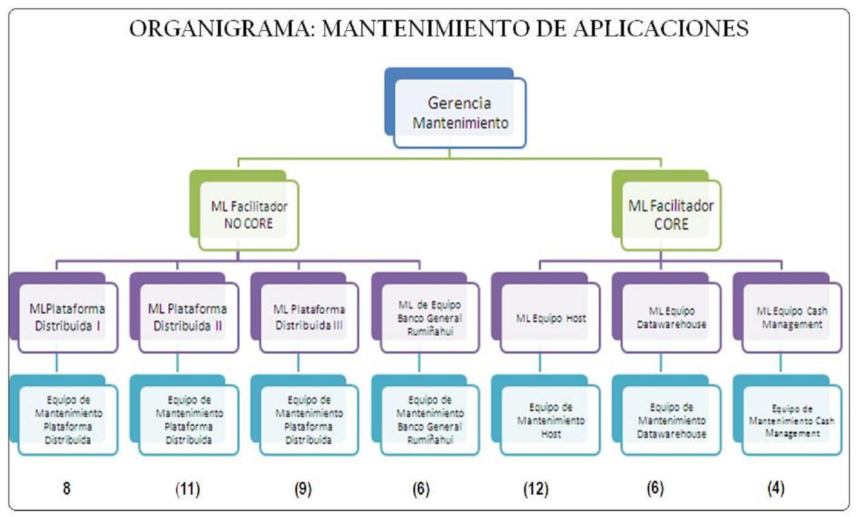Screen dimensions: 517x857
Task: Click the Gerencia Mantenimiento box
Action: click(459, 112)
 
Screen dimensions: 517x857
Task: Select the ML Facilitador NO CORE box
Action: click(249, 215)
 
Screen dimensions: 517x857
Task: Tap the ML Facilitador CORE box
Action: click(671, 215)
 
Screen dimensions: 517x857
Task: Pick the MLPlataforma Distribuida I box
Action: click(67, 317)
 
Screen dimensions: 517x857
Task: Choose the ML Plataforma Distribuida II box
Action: click(188, 317)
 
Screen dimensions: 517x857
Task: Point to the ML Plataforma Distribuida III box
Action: click(309, 317)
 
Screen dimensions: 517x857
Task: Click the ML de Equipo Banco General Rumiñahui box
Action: click(430, 317)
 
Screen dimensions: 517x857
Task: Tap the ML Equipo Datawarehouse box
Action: click(671, 317)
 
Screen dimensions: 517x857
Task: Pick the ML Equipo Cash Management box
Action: click(791, 317)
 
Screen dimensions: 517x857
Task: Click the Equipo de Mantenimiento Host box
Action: click(550, 420)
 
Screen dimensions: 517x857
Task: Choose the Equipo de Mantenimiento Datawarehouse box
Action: click(671, 420)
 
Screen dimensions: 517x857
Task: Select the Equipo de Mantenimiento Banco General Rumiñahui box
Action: click(430, 420)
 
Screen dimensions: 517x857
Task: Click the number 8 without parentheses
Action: click(67, 488)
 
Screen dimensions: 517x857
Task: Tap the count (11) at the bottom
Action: click(188, 488)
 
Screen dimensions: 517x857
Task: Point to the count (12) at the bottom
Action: click(536, 488)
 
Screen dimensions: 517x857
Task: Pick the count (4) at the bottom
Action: click(775, 488)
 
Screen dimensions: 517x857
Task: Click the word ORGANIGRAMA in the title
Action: click(221, 28)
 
